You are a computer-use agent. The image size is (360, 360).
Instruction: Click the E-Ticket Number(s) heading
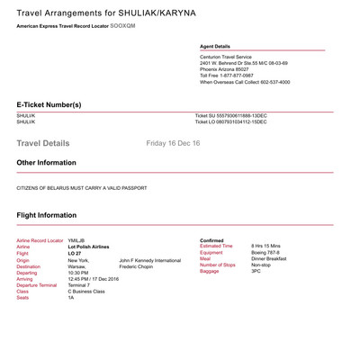49,104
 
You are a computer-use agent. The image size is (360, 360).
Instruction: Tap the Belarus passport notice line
82,187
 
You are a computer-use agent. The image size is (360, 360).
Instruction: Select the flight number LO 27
76,254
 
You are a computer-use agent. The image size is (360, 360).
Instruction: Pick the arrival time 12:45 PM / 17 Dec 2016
94,279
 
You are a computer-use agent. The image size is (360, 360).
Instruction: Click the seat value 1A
71,298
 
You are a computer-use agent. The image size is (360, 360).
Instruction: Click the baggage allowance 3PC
257,272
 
